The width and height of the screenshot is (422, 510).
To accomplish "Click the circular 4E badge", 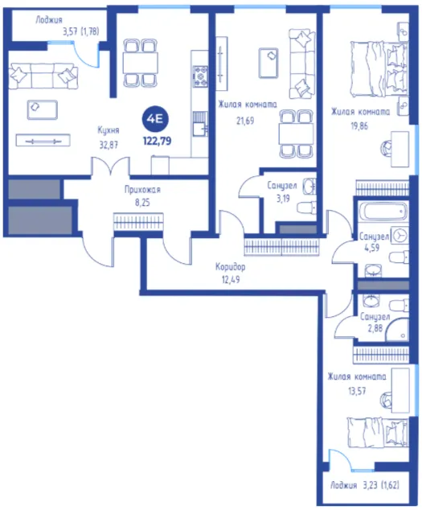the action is [x=157, y=119].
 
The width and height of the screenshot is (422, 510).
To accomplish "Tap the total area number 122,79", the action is [x=157, y=141].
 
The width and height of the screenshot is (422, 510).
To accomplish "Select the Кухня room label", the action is [x=109, y=130].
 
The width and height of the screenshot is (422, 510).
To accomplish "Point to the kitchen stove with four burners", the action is [x=199, y=76].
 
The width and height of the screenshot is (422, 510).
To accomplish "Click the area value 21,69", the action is [x=245, y=121].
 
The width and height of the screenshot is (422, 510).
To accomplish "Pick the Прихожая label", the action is [x=142, y=190].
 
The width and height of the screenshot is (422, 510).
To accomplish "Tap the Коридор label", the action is [x=230, y=267].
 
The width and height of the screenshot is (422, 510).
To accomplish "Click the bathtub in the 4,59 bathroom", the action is [x=383, y=211].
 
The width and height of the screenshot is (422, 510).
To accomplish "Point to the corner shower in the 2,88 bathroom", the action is [x=396, y=330].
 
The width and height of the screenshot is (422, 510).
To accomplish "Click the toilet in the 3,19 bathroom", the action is [x=306, y=208].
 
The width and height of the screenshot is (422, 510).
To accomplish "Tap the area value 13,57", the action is [x=357, y=390].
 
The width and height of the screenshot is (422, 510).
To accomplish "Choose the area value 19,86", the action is [x=359, y=125].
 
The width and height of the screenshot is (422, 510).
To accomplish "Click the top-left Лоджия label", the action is [x=49, y=20].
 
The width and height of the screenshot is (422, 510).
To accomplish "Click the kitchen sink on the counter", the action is [x=199, y=124].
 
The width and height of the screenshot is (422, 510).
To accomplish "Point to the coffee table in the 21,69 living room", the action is [x=268, y=63].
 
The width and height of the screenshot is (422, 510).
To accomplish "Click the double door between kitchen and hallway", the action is [x=111, y=167].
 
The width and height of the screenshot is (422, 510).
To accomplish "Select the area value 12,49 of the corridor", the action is [x=231, y=279].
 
